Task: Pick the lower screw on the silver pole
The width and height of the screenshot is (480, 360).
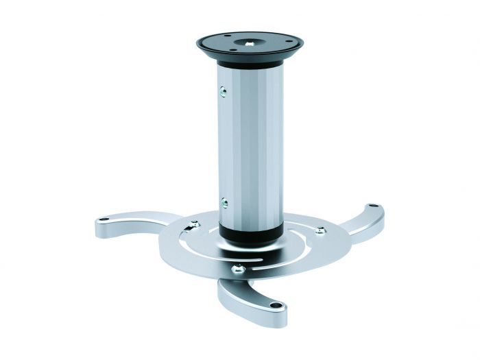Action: [x=223, y=202]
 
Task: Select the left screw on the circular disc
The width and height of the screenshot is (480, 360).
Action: [x=195, y=224]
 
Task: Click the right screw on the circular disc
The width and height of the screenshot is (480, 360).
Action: [x=320, y=231]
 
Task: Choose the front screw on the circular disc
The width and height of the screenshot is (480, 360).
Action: [x=239, y=269]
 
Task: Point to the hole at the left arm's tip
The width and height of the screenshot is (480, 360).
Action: [x=104, y=220]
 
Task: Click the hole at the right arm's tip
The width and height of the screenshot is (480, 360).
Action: [x=372, y=206]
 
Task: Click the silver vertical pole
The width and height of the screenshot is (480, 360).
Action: [x=250, y=144]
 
